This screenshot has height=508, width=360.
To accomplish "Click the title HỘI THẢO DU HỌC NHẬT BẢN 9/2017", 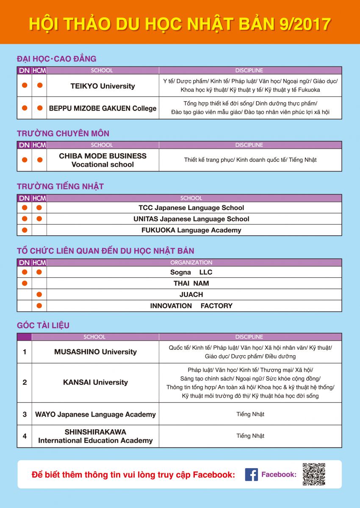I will (x=180, y=24).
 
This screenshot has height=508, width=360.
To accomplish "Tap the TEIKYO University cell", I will (x=102, y=86).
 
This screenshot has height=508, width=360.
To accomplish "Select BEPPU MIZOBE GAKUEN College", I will (x=102, y=108).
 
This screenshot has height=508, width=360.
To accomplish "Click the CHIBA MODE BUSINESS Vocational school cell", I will (x=102, y=160).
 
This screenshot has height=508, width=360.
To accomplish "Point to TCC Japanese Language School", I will (x=191, y=208).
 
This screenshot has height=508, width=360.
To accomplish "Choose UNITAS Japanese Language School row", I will (x=191, y=219).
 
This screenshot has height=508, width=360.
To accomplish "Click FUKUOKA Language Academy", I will (x=191, y=230).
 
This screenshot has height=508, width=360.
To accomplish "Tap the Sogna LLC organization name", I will (x=191, y=272).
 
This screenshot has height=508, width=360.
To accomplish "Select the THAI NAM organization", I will (x=191, y=283).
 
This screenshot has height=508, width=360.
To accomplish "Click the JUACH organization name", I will (x=191, y=295).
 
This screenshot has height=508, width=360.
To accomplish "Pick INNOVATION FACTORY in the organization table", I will (x=191, y=306).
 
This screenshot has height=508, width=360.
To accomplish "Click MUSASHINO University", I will (x=95, y=352).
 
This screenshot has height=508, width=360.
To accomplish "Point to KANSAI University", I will (x=95, y=382).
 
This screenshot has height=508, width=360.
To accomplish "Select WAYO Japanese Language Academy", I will (x=95, y=414).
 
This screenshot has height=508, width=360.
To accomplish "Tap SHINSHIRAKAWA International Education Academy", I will (x=95, y=436).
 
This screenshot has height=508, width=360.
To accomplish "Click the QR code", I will (x=314, y=474).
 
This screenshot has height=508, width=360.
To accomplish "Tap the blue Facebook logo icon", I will (x=251, y=475).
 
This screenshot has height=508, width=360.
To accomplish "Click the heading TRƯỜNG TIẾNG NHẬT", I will (x=60, y=186).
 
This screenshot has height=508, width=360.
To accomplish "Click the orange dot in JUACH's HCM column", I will (x=39, y=295).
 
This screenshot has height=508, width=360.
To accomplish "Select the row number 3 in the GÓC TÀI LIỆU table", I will (x=25, y=414).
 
